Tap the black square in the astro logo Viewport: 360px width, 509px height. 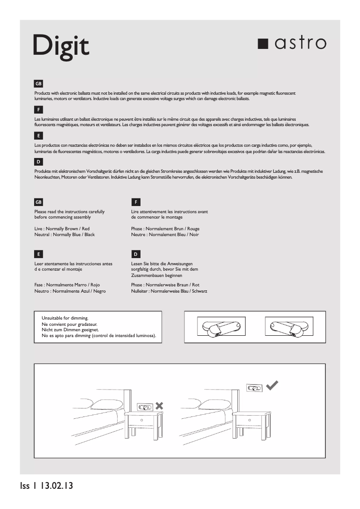[x=263, y=43]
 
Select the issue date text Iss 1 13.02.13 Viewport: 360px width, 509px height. [x=46, y=486]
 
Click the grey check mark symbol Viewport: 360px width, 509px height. [x=272, y=385]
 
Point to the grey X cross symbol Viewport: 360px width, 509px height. [x=159, y=406]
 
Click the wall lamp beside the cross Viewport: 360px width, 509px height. [x=145, y=407]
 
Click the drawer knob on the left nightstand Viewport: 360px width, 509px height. [x=142, y=420]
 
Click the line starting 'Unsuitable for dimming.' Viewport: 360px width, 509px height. [x=65, y=318]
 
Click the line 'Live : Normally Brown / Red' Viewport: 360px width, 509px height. [x=62, y=229]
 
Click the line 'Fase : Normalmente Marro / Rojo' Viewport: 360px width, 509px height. [x=67, y=285]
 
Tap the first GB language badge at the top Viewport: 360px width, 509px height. [x=39, y=84]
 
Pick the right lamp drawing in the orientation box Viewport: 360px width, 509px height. [x=286, y=327]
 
